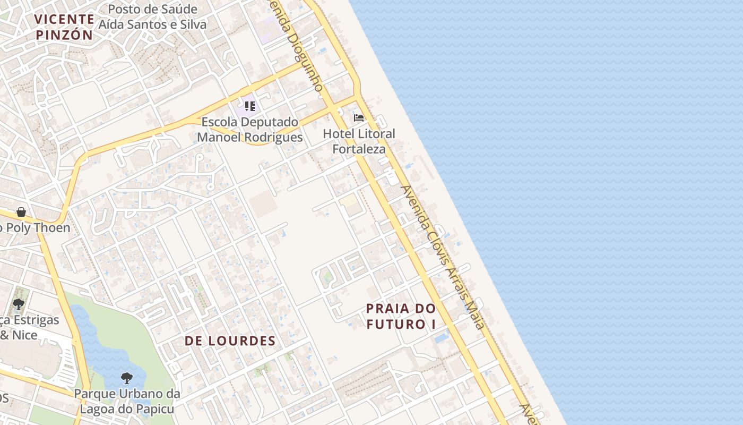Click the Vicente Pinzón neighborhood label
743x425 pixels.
(64, 27)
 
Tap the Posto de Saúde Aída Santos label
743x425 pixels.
(157, 16)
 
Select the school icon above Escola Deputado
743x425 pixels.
(250, 106)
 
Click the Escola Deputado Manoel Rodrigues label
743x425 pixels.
(250, 130)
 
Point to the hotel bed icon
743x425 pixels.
(359, 117)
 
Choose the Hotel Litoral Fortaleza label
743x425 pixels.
(359, 141)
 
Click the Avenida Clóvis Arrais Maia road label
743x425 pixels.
(443, 257)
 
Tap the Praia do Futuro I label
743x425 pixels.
(401, 316)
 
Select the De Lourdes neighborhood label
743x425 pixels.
(230, 341)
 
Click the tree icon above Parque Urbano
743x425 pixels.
(126, 378)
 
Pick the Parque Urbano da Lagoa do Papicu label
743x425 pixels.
(127, 402)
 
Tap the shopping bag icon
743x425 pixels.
(21, 212)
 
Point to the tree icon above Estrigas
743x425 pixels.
(19, 304)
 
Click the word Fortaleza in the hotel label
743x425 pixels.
(359, 149)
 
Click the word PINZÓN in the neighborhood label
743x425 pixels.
(64, 35)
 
